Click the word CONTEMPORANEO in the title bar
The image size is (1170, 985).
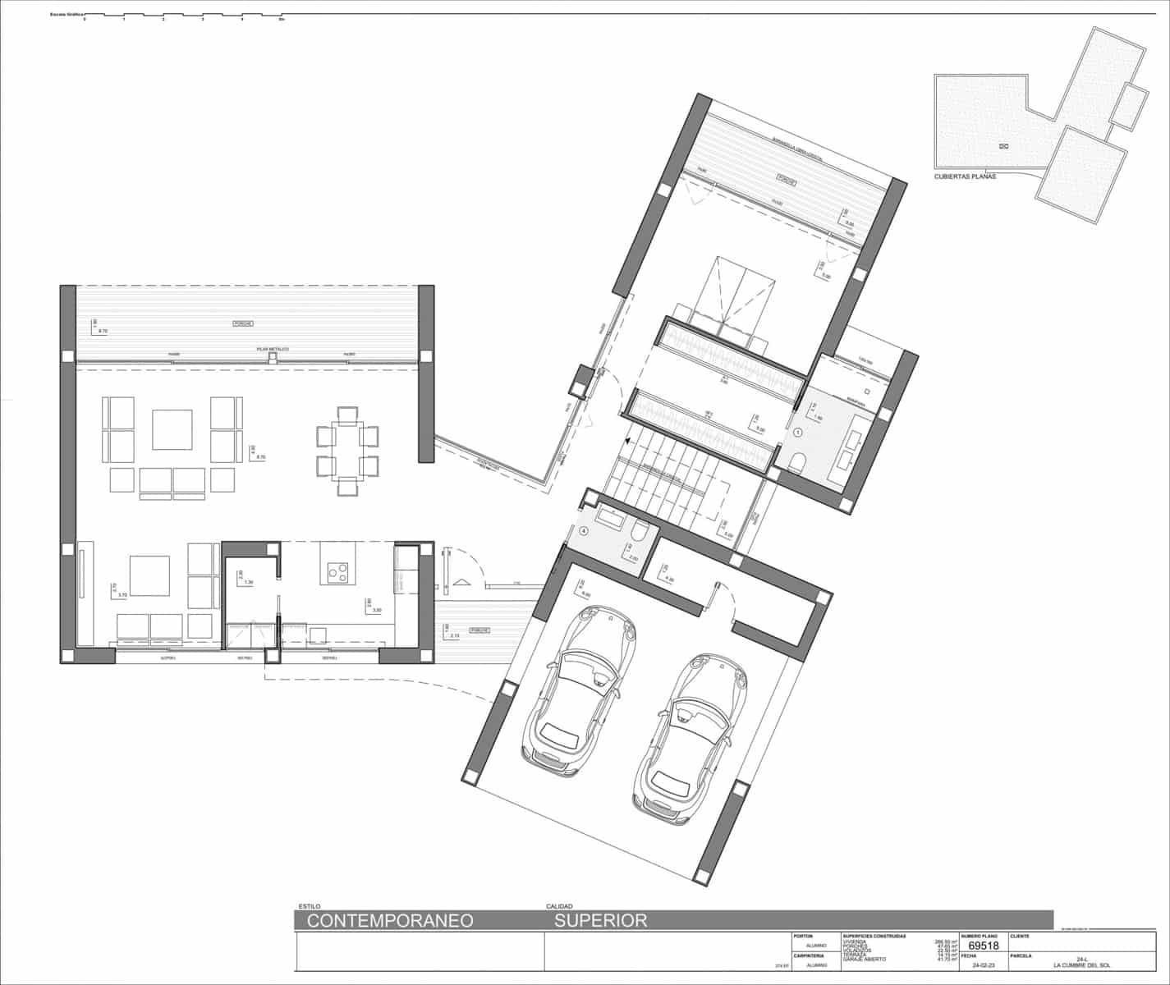pyautogui.click(x=390, y=920)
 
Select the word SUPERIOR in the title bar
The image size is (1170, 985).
pyautogui.click(x=600, y=920)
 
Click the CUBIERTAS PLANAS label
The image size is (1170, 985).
pyautogui.click(x=965, y=176)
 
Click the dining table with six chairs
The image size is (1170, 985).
pyautogui.click(x=347, y=450)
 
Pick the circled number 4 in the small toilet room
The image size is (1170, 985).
pyautogui.click(x=584, y=531)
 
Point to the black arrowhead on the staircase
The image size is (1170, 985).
pyautogui.click(x=626, y=442)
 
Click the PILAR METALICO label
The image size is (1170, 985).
pyautogui.click(x=273, y=349)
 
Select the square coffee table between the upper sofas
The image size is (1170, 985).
pyautogui.click(x=172, y=430)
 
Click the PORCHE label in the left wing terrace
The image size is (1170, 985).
pyautogui.click(x=241, y=323)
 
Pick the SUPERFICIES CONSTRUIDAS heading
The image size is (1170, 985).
pyautogui.click(x=874, y=936)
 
